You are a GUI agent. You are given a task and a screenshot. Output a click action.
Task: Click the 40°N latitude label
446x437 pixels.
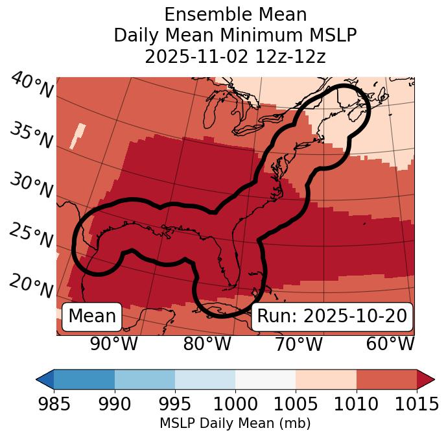coord(32,86)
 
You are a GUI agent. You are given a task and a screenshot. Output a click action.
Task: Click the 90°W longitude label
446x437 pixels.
coord(113,344)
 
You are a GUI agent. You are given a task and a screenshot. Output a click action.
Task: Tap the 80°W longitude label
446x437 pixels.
coord(207,344)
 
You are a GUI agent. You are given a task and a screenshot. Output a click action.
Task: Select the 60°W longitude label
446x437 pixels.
coord(390,344)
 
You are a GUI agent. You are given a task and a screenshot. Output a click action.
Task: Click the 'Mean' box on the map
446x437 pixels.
coord(92,316)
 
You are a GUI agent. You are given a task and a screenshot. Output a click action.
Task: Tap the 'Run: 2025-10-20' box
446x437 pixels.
coord(332,316)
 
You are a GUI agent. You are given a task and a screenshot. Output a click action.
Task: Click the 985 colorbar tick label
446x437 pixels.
coord(54,405)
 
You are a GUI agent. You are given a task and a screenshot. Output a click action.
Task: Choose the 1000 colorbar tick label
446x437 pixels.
coord(235,405)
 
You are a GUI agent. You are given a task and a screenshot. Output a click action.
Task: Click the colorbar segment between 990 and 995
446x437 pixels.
coord(145,379)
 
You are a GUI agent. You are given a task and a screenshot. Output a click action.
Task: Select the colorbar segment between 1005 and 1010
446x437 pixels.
coord(326,379)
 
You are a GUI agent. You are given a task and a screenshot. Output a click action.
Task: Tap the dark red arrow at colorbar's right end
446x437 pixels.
coord(426,379)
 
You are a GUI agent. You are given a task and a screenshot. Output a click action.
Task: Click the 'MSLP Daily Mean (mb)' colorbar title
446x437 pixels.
coord(235,423)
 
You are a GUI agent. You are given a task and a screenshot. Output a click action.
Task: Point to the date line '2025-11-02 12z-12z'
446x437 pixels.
coord(235,56)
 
